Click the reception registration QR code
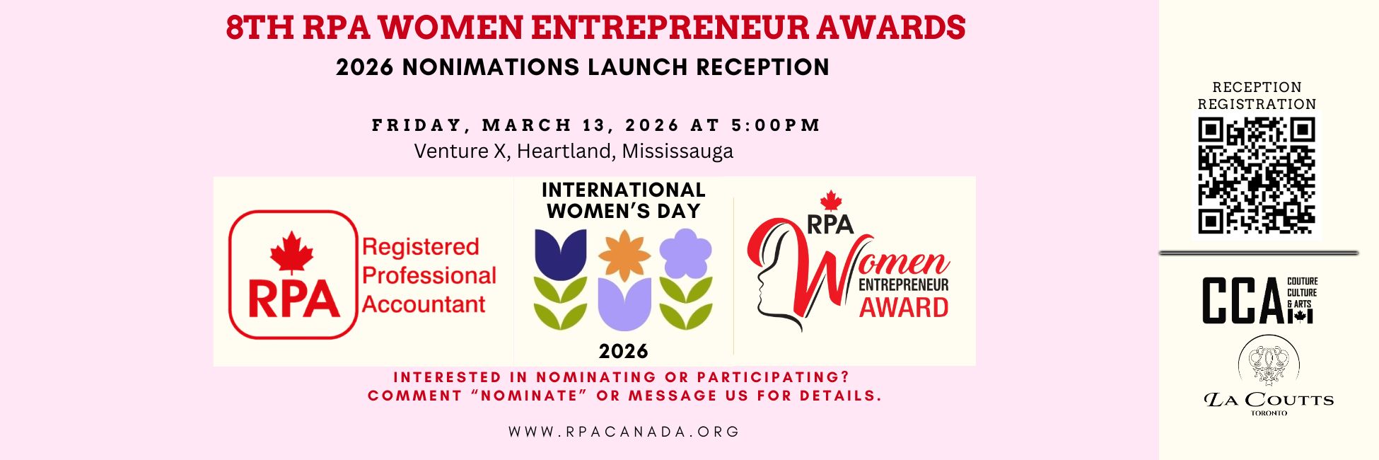1257,176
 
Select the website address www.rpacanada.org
624,432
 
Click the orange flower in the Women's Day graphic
624,255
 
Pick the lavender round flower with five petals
685,253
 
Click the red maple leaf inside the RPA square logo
291,253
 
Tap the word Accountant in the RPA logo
424,304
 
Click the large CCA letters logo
1243,301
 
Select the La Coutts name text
1269,400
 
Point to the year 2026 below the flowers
624,351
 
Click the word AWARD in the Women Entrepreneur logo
904,308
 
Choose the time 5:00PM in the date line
776,125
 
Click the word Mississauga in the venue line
677,151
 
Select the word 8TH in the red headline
260,28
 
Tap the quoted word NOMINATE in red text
529,396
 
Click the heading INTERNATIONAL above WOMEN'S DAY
624,190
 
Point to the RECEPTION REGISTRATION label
1257,96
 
